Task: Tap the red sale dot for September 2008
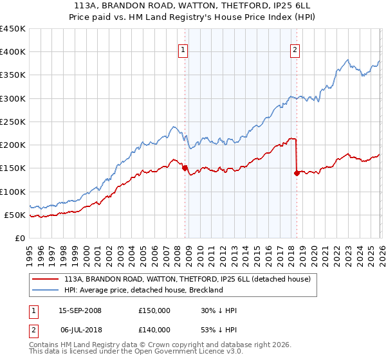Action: point(185,168)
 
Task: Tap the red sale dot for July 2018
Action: point(297,173)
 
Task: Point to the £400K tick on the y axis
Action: point(13,52)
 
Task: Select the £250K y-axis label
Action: point(13,122)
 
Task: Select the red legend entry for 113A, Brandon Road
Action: point(187,279)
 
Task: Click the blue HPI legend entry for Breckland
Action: point(143,290)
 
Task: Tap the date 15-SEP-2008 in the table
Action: point(80,310)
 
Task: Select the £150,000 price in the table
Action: point(154,310)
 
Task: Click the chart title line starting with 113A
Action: point(193,6)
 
